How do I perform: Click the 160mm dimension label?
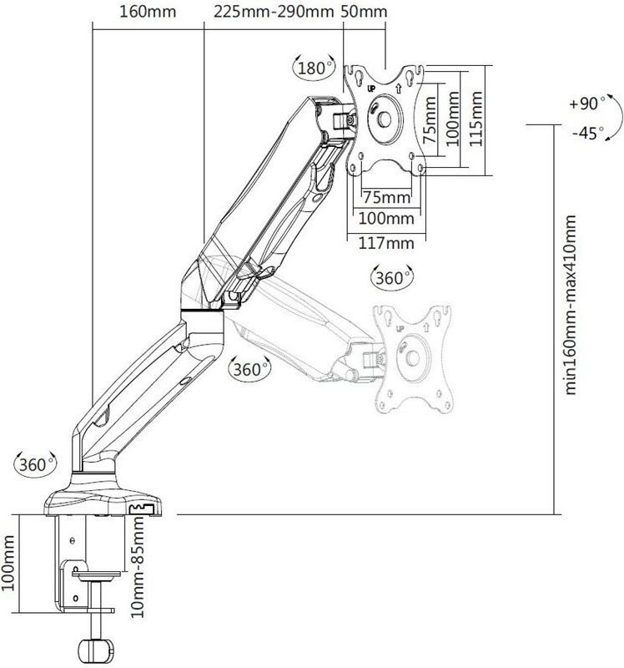(x=148, y=12)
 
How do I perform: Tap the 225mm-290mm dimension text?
(x=274, y=12)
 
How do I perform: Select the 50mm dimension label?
(x=365, y=12)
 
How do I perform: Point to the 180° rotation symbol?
(x=315, y=68)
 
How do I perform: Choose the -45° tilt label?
(x=588, y=133)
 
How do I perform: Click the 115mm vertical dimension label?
(x=476, y=119)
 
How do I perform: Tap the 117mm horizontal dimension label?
(x=386, y=243)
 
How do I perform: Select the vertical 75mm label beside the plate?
(x=430, y=120)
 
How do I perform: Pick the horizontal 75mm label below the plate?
(x=386, y=198)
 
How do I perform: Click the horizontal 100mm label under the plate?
(x=386, y=219)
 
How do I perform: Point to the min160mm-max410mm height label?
(x=570, y=305)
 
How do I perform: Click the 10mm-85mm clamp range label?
(x=138, y=566)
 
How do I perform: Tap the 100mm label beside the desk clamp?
(x=8, y=563)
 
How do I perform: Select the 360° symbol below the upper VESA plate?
(x=392, y=277)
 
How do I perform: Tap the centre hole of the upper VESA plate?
(x=385, y=119)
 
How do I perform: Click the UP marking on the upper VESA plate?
(x=371, y=89)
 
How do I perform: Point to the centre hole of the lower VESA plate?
(x=412, y=358)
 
